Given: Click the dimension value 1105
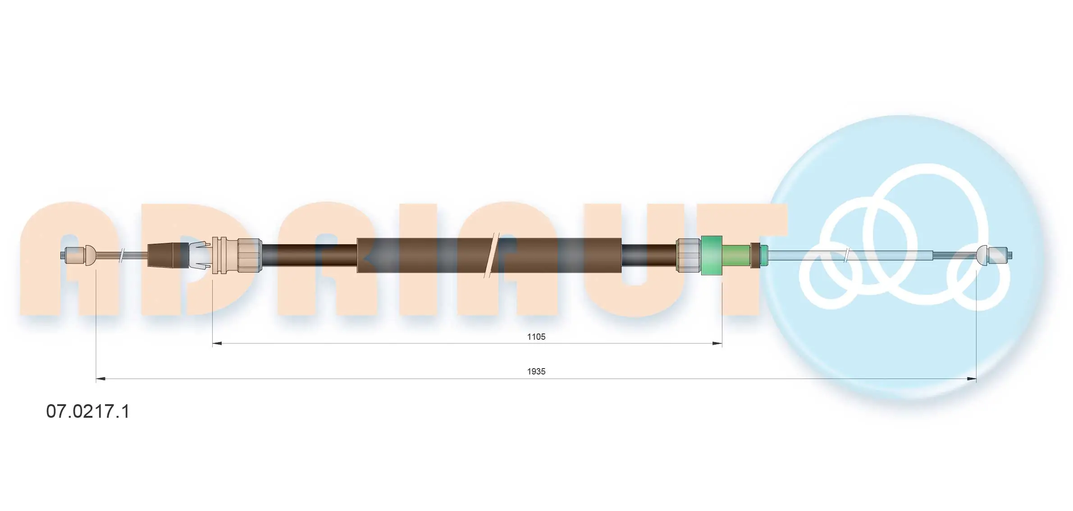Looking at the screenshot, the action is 536,337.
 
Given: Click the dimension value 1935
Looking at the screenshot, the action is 536,371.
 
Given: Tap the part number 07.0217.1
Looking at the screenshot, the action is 88,411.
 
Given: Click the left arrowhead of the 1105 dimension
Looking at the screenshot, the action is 217,344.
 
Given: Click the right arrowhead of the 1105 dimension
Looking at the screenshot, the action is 717,344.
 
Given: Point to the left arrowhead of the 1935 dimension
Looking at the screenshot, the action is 101,379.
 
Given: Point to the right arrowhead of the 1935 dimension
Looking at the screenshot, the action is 971,379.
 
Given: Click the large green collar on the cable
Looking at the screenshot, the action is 712,255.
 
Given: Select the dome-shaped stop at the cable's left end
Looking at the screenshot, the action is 90,255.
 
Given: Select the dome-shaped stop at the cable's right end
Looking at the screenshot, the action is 982,255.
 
